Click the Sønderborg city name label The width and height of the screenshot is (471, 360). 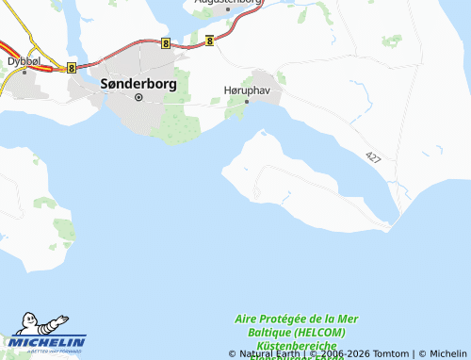138,83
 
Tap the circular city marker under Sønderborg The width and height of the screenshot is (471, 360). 138,96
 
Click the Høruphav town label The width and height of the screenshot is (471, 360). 247,90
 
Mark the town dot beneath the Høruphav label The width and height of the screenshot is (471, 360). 247,101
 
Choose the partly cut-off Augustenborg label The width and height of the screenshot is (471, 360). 228,3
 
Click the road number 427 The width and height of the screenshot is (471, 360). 374,156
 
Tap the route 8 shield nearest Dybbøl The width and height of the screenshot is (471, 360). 72,67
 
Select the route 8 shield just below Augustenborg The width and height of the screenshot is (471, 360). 209,40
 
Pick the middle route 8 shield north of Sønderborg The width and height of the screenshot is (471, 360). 166,42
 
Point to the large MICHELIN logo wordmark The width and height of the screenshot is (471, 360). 49,341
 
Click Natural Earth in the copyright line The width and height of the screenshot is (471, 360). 272,354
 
